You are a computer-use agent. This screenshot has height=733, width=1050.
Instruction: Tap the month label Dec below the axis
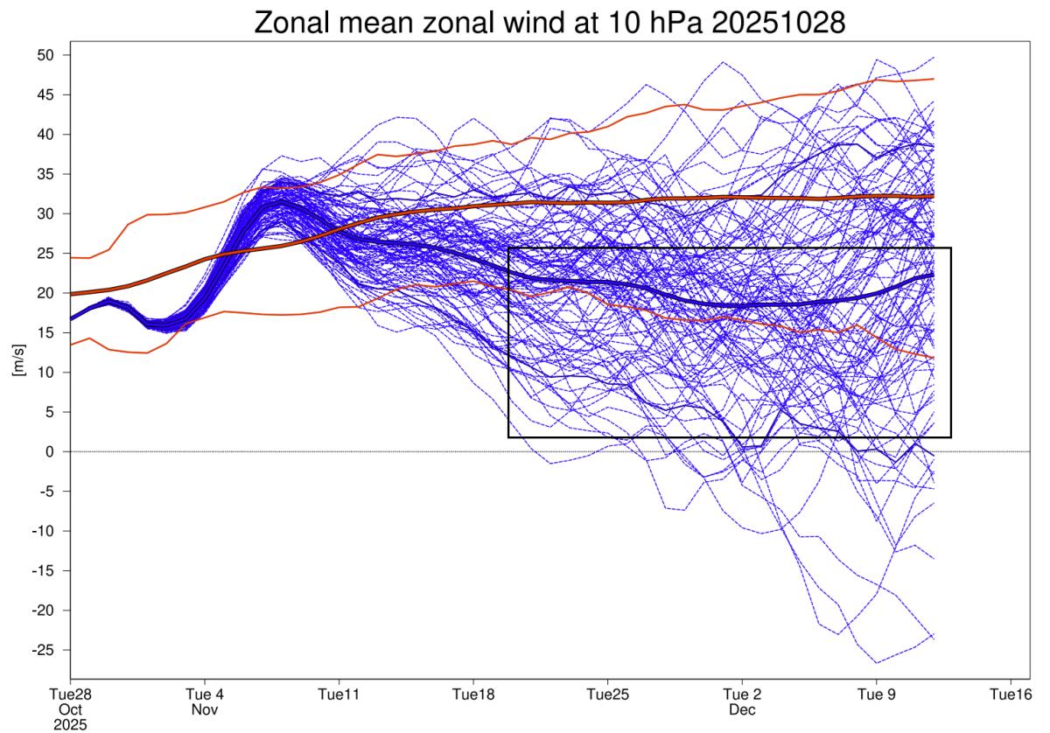[x=740, y=710]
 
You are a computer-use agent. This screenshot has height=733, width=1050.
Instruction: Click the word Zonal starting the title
[x=292, y=24]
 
